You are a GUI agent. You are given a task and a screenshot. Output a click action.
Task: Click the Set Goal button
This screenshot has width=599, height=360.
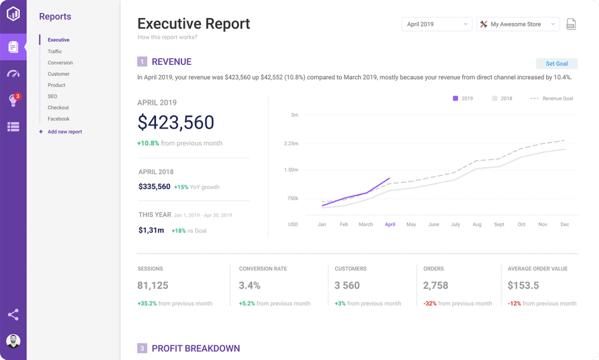coord(557,64)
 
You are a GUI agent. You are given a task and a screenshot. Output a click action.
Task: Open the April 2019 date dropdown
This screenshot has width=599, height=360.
coord(437,24)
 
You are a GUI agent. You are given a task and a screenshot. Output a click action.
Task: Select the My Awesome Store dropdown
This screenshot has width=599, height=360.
coord(518,24)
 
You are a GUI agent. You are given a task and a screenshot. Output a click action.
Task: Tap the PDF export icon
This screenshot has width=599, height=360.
coord(571,24)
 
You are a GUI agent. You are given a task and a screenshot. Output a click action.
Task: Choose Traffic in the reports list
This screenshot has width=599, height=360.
coord(55,52)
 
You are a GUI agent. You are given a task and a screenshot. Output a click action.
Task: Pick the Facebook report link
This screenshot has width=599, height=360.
coord(59,119)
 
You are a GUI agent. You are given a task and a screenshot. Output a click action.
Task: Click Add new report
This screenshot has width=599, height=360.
coord(64,132)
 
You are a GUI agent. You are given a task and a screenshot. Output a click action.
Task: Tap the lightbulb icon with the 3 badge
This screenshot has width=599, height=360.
coord(13,100)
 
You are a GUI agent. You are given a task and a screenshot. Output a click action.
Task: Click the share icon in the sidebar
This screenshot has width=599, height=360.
coord(13,314)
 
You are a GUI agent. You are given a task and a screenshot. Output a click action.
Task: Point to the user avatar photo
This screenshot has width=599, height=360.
coord(13,341)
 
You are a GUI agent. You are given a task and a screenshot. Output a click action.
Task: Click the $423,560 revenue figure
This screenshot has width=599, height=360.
coord(176,122)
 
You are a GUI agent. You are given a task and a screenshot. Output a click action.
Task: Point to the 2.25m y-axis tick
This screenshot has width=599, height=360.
coord(291,144)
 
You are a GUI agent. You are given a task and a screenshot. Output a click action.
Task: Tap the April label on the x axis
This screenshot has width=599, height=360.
coord(390,225)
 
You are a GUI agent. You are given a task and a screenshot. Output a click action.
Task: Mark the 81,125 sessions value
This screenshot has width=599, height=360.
coord(153,286)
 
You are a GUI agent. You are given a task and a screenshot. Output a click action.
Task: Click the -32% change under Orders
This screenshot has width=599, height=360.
coord(430,304)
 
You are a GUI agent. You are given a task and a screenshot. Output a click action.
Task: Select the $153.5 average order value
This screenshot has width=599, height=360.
coord(523,286)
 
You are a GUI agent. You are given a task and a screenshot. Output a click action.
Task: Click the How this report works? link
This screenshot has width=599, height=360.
coord(167,37)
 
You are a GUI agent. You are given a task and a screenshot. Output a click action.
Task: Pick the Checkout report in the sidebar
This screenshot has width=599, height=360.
coord(59,108)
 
